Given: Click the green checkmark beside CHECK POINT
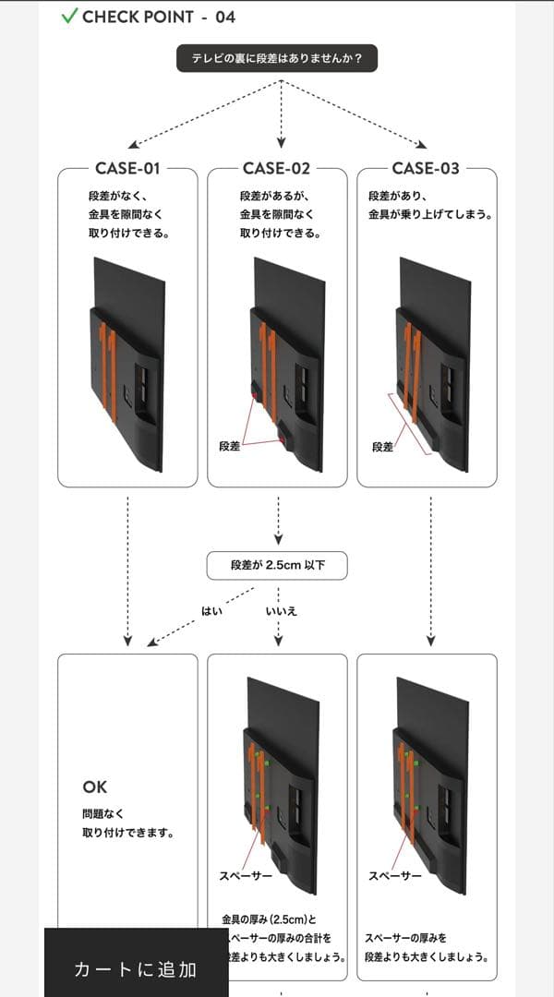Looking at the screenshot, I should [x=69, y=17].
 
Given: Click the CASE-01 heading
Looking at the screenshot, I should [x=127, y=168].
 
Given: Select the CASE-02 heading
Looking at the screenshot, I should [x=277, y=168].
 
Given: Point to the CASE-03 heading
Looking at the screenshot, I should [x=426, y=168].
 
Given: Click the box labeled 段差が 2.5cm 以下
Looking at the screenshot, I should [x=277, y=565].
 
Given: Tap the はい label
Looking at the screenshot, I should [x=212, y=610].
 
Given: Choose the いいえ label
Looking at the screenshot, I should [x=281, y=610].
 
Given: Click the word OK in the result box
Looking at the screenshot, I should [x=95, y=787].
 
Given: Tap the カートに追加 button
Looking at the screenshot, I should [x=136, y=968].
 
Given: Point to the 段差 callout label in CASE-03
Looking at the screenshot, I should [x=382, y=447].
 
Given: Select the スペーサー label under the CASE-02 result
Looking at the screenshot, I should [x=246, y=875].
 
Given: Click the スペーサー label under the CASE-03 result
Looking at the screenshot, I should [x=395, y=875].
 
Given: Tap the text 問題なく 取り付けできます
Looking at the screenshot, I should [x=127, y=823].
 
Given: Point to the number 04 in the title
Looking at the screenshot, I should [x=224, y=17].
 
